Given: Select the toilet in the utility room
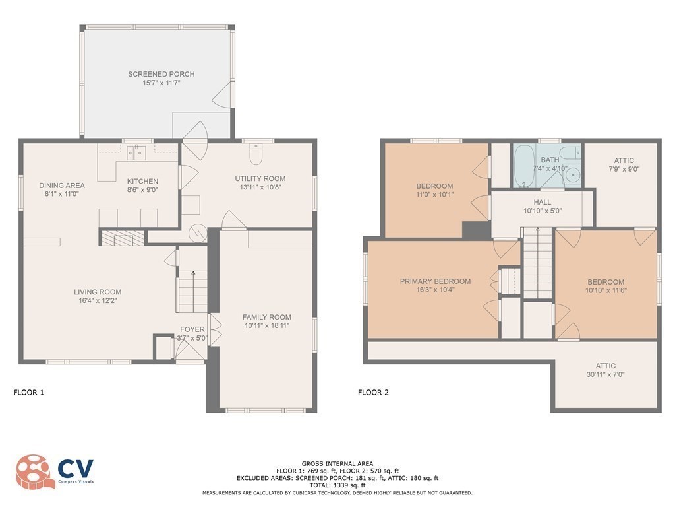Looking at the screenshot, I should [256, 155].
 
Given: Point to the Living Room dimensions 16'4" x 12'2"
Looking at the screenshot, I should [98, 300].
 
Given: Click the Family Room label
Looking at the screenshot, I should [266, 317].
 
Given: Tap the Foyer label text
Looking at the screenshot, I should [192, 329].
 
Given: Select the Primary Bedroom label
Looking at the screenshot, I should [435, 281].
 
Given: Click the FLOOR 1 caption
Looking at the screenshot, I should [28, 393].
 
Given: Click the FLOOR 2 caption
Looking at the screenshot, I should [373, 393].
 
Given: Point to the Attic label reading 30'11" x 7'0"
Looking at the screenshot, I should [606, 366].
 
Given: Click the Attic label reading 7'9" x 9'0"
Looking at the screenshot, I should [624, 160].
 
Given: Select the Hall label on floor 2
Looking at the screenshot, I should [543, 202].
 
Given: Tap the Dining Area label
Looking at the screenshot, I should [61, 186].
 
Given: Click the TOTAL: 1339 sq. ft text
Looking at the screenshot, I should [337, 485].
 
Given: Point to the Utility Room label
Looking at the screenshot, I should [260, 178].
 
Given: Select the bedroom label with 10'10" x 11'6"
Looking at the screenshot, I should [605, 282].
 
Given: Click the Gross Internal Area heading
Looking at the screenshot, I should [337, 464].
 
